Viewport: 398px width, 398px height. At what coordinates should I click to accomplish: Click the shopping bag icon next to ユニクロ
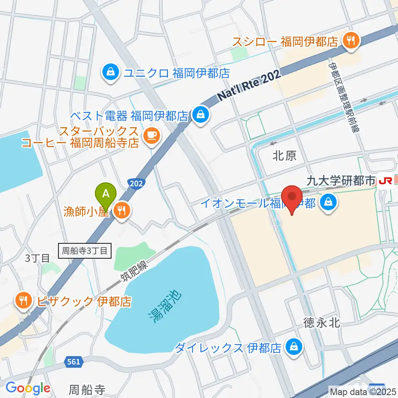pos(111,73)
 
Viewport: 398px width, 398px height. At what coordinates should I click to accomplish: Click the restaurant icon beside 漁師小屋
pos(121,212)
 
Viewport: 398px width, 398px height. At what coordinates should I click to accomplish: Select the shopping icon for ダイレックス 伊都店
pos(294,347)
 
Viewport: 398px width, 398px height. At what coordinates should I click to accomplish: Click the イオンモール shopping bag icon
pos(328,203)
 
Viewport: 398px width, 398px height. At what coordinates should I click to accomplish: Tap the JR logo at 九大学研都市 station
pos(386,181)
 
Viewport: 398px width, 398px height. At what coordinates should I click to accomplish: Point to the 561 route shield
pos(73,362)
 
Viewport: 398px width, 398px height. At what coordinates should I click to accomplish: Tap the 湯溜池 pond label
pos(165,306)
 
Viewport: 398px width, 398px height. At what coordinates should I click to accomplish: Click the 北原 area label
pos(284,156)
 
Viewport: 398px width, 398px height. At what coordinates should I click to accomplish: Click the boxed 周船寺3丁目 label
pos(85,250)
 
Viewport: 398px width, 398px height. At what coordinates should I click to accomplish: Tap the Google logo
pos(28,388)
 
